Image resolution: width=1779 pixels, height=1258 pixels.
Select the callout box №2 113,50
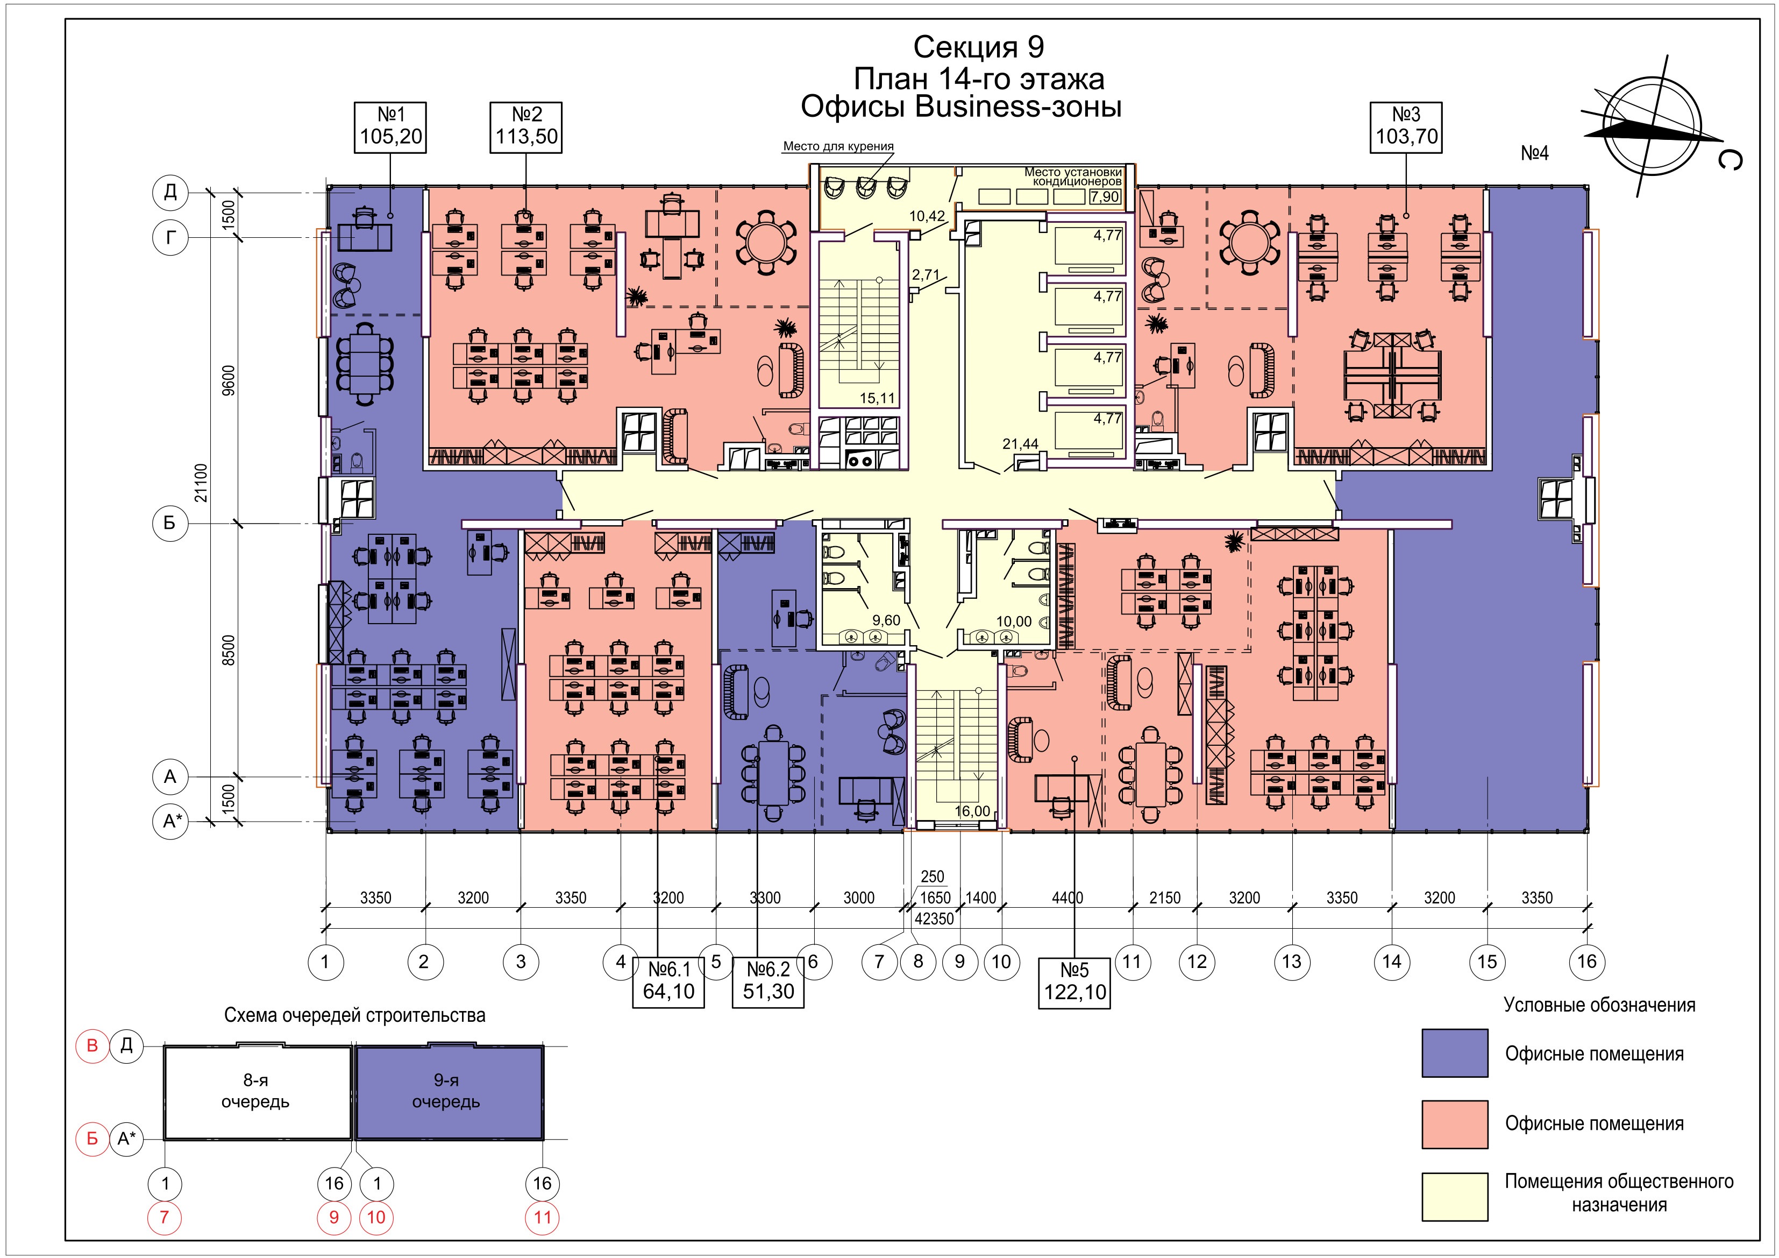point(527,127)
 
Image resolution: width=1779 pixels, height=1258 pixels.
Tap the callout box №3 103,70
point(1406,127)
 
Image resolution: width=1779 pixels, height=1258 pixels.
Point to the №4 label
point(1534,153)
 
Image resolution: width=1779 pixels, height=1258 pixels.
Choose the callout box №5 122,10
point(1074,982)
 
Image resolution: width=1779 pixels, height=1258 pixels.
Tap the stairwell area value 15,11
point(877,398)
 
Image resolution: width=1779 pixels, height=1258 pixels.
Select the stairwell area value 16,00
point(972,811)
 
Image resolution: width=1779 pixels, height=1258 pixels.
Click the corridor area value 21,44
point(1020,444)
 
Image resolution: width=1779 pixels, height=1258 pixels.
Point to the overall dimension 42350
point(934,919)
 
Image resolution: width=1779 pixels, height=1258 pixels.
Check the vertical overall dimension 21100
point(202,483)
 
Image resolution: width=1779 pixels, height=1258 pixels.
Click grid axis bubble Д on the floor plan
point(170,192)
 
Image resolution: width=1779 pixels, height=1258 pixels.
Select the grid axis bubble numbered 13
point(1292,962)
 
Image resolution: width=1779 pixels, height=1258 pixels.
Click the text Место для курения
point(838,146)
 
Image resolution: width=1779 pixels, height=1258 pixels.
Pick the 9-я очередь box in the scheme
point(449,1092)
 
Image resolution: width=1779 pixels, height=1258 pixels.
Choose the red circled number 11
point(543,1217)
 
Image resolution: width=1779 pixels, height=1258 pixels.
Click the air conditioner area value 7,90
point(1105,197)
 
